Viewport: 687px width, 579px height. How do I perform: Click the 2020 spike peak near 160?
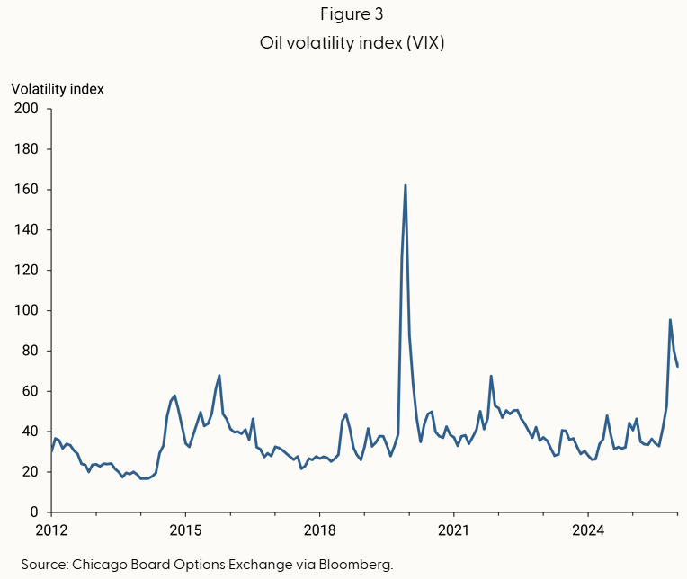pos(406,186)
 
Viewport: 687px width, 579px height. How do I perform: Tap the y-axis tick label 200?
pos(26,109)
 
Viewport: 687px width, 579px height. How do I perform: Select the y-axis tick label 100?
pos(26,310)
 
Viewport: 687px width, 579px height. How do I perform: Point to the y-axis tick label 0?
pos(34,512)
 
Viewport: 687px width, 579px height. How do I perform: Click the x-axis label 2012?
pos(51,530)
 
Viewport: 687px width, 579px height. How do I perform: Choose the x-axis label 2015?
pos(185,530)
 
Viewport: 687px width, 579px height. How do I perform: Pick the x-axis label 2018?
pos(319,530)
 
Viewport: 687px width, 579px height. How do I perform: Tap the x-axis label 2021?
pos(453,530)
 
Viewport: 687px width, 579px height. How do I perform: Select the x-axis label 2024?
pos(588,530)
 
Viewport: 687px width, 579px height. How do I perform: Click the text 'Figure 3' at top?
pos(352,14)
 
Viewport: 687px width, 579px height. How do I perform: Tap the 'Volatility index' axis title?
pos(58,89)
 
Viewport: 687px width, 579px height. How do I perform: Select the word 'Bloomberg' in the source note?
pos(354,565)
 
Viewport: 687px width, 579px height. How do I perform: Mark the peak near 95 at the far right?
pos(670,320)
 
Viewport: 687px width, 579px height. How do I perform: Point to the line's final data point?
pos(677,366)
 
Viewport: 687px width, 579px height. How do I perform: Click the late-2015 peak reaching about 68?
pos(219,376)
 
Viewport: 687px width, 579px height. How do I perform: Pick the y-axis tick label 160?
pos(26,189)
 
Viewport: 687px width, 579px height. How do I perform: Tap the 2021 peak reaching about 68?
pos(491,376)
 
